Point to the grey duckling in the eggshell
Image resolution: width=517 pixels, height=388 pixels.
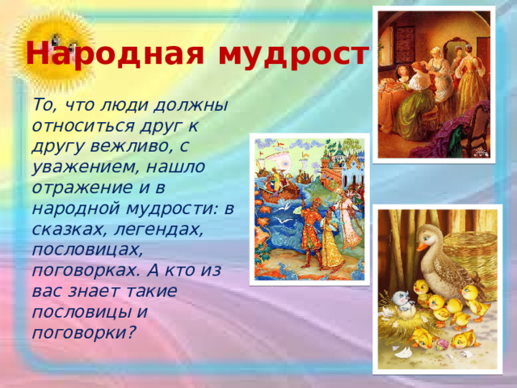(x=401, y=303)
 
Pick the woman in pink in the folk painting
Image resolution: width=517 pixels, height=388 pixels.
(x=350, y=222)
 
